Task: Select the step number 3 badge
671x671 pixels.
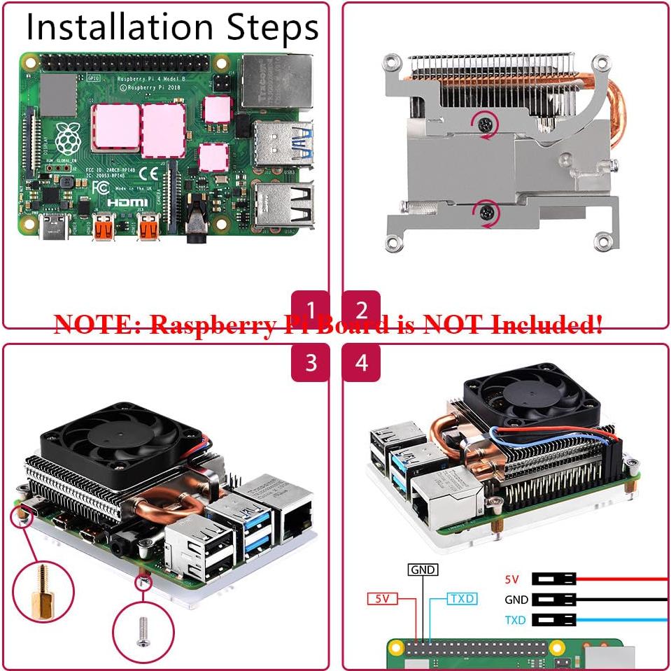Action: (x=310, y=362)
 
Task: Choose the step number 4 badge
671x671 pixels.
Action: (x=361, y=362)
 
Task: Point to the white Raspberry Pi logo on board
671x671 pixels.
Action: (x=67, y=139)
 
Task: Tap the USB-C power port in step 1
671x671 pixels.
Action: (x=53, y=227)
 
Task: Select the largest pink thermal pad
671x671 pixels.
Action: (x=163, y=129)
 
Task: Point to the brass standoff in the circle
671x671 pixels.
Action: (x=43, y=590)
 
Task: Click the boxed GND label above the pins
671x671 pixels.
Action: (x=423, y=570)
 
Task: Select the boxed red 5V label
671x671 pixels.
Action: (x=383, y=599)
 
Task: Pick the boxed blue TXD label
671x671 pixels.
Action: (x=462, y=599)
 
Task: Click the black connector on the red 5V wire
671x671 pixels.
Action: (x=553, y=579)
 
